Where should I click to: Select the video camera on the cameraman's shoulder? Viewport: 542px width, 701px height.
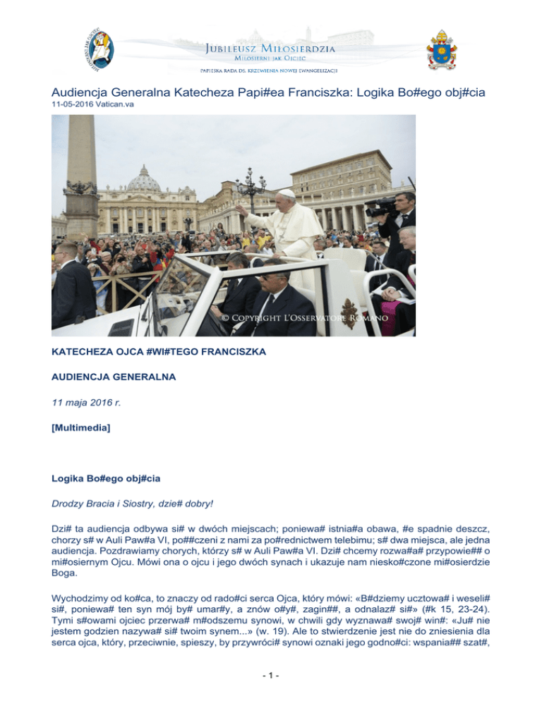coord(385,206)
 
